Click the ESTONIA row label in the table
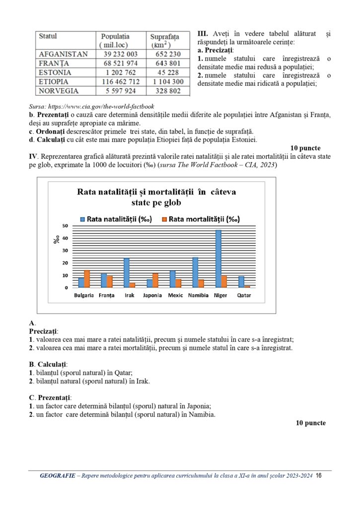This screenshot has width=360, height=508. tap(55, 72)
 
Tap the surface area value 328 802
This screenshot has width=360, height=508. tap(169, 91)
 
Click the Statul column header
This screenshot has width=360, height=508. tap(48, 36)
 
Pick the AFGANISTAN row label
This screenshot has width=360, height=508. tap(63, 54)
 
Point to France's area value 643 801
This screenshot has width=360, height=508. tap(169, 63)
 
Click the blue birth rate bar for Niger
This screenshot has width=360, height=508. tap(218, 258)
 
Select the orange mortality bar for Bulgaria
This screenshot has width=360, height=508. tap(87, 279)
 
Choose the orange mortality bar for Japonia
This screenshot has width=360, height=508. tap(155, 280)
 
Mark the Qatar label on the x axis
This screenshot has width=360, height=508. tap(244, 296)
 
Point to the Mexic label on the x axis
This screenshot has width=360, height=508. tap(176, 296)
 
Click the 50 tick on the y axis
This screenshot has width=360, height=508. tap(65, 226)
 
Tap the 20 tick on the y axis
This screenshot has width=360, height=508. tap(65, 263)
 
